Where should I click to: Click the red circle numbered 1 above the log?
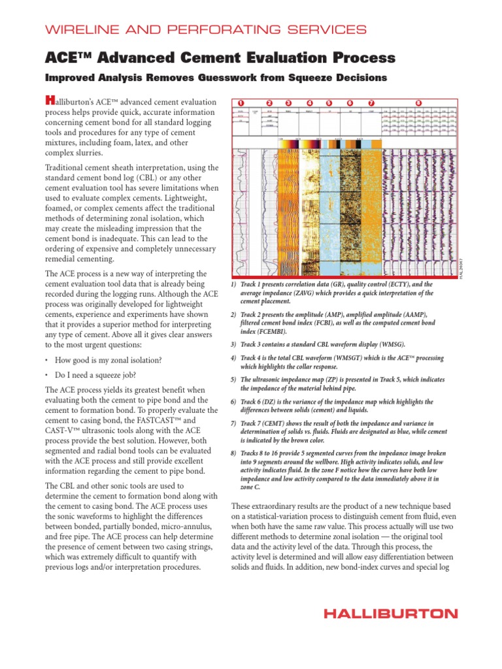click(240, 103)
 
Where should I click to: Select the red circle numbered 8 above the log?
click(418, 103)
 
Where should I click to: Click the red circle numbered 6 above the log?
click(350, 103)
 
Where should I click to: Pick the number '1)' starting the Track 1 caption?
click(233, 286)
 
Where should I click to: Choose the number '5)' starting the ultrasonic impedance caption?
click(233, 380)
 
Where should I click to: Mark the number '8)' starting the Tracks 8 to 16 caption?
click(233, 453)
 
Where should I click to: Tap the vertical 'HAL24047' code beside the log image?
click(460, 268)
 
